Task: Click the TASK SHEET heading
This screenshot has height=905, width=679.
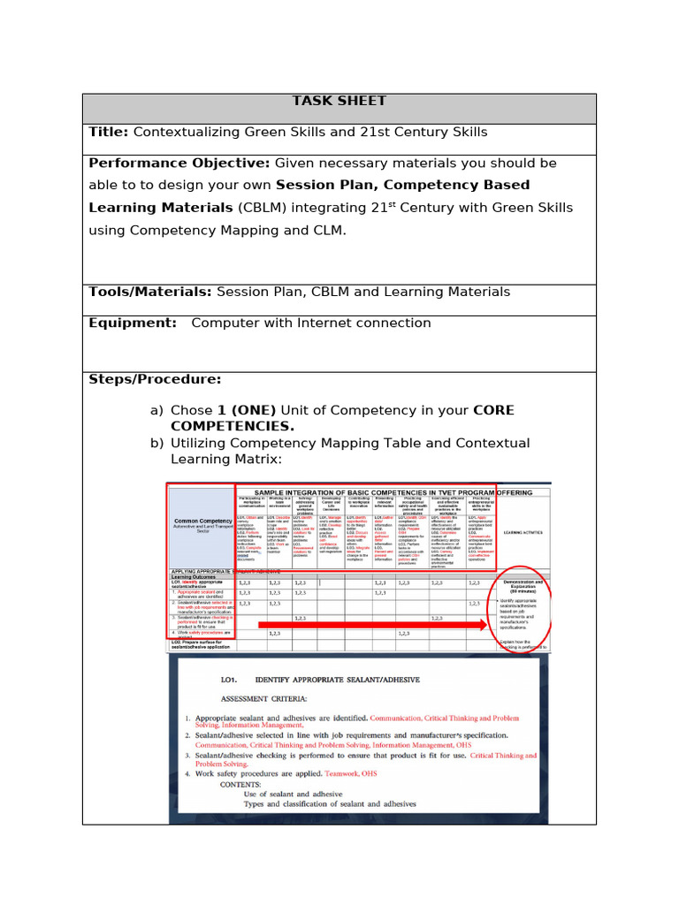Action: pos(339,101)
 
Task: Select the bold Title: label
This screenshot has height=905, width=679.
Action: pos(109,133)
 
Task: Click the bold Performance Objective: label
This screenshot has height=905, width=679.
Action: pos(179,164)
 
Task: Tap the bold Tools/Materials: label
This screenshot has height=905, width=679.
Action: pos(150,293)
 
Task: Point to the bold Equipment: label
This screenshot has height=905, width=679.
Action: pos(133,323)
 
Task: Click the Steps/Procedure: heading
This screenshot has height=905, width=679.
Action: pos(155,380)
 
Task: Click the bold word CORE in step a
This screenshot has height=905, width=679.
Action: pos(493,411)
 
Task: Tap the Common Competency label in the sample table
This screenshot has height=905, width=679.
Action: pos(202,521)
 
